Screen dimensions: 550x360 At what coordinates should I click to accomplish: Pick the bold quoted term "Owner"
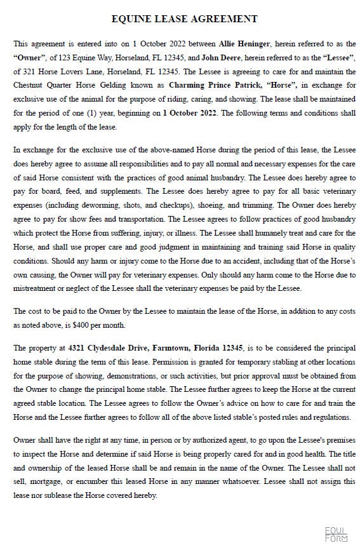coord(29,57)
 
